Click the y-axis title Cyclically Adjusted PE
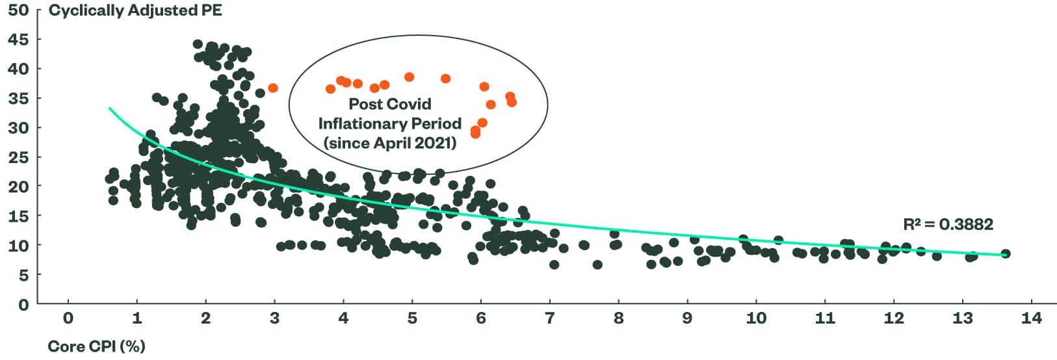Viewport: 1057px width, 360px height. (x=135, y=11)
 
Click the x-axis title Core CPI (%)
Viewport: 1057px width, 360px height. (x=96, y=346)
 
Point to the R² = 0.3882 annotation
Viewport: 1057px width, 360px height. (x=948, y=225)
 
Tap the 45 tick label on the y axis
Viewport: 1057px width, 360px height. (x=18, y=39)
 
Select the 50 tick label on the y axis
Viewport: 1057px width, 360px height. (x=18, y=10)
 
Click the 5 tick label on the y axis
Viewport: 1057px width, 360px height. (x=23, y=275)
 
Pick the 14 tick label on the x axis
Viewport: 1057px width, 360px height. (x=1032, y=318)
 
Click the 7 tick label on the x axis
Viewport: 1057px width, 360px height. (x=550, y=318)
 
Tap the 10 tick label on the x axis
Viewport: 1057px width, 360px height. (x=756, y=318)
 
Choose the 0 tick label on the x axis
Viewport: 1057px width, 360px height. (x=68, y=318)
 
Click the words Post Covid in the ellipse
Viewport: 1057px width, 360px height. (x=389, y=104)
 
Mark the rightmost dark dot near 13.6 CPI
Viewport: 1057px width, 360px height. (x=1005, y=254)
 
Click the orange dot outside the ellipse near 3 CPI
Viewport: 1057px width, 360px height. (x=273, y=88)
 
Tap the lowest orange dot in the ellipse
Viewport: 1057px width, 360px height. (x=475, y=134)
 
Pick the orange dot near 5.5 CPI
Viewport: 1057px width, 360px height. (x=445, y=79)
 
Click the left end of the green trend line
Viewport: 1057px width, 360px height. (x=110, y=109)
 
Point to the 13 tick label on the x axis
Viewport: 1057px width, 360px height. (x=963, y=318)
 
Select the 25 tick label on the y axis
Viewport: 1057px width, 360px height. (x=18, y=157)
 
